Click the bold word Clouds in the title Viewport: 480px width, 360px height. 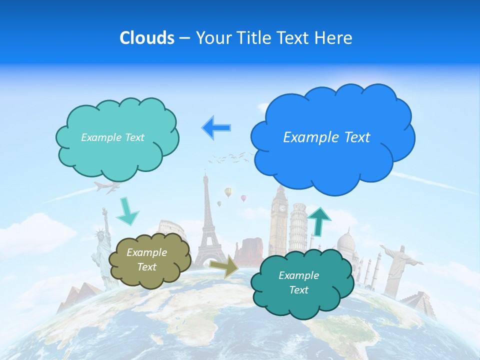146,38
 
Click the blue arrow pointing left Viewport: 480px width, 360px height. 216,127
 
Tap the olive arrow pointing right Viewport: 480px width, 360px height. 224,265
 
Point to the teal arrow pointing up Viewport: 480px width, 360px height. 319,220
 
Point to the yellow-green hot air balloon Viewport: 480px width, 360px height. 228,192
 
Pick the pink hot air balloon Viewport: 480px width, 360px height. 243,198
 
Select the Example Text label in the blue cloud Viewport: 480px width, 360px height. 326,137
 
